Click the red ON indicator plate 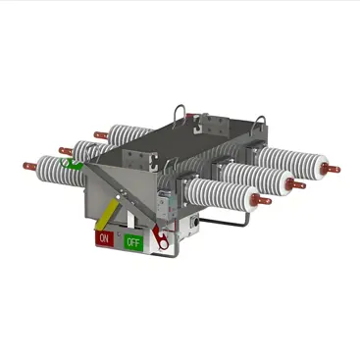tap(103, 237)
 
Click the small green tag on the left tap(73, 166)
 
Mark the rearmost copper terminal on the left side tap(100, 133)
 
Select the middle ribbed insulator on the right tap(260, 174)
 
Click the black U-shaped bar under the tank tap(231, 220)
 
